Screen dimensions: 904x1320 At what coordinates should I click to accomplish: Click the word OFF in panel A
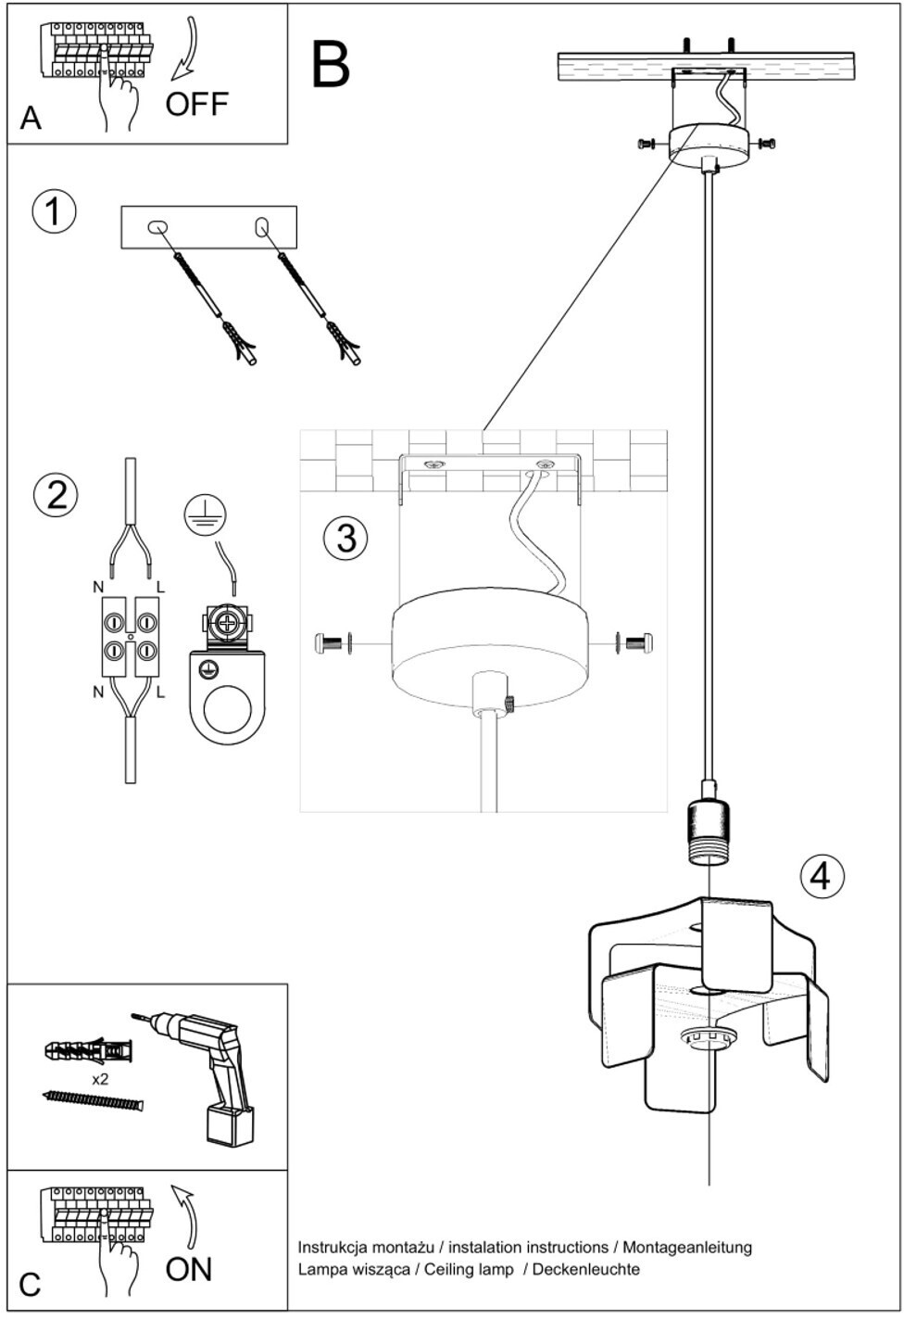pos(196,104)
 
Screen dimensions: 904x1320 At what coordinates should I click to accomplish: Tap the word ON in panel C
pos(188,1269)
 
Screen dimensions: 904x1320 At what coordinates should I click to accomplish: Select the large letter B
pos(331,64)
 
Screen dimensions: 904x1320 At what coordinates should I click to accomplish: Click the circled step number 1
pos(54,211)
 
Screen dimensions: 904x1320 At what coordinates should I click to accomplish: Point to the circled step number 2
pos(56,496)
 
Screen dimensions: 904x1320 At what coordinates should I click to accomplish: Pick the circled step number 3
pos(345,538)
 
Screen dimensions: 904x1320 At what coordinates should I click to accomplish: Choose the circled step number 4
pos(822,876)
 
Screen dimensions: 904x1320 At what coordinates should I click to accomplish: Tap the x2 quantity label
pos(100,1079)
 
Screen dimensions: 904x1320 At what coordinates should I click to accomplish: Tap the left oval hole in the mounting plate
pos(157,227)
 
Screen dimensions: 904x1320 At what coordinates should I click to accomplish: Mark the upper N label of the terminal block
pos(98,587)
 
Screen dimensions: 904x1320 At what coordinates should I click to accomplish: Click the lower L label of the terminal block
pos(161,693)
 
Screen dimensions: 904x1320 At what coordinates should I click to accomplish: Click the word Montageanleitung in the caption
pos(687,1247)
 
